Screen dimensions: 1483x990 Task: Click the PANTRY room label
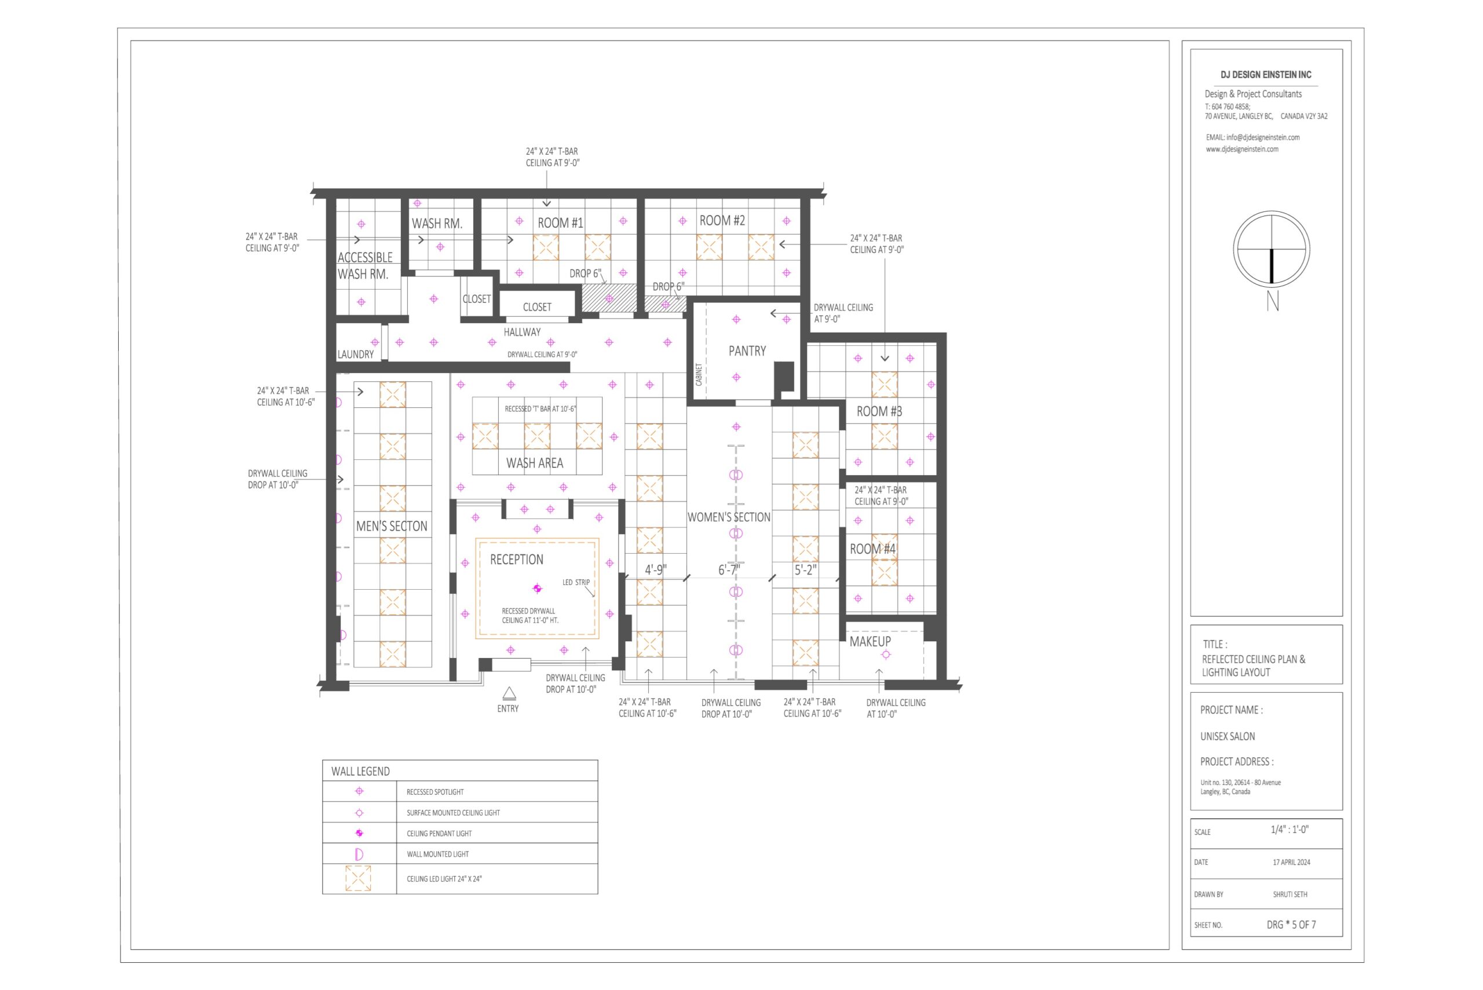(x=747, y=351)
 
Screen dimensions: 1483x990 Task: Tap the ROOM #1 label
(x=560, y=223)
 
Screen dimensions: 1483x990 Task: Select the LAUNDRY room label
(x=356, y=354)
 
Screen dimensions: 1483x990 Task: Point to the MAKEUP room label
(x=870, y=641)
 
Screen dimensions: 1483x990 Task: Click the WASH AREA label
(x=535, y=463)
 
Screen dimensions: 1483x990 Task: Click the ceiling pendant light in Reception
(x=537, y=589)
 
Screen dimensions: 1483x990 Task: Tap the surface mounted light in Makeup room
(x=886, y=655)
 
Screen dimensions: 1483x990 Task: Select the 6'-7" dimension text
(x=729, y=570)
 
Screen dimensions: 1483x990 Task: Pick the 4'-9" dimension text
(x=655, y=570)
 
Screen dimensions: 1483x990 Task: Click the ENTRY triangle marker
(x=509, y=694)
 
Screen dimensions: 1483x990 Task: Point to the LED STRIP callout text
(x=576, y=583)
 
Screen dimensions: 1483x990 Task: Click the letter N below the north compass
(x=1273, y=301)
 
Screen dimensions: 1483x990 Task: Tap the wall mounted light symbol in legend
(x=359, y=854)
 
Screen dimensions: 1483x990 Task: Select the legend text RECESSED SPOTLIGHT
(x=435, y=792)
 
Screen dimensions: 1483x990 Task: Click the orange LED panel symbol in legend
(x=358, y=878)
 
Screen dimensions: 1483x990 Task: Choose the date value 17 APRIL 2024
(x=1291, y=863)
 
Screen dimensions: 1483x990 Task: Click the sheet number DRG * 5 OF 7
(x=1291, y=925)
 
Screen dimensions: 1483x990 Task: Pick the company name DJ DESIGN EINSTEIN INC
(x=1266, y=75)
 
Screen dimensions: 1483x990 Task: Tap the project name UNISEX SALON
(x=1228, y=736)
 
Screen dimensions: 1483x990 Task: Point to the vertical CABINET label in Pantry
(x=699, y=374)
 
